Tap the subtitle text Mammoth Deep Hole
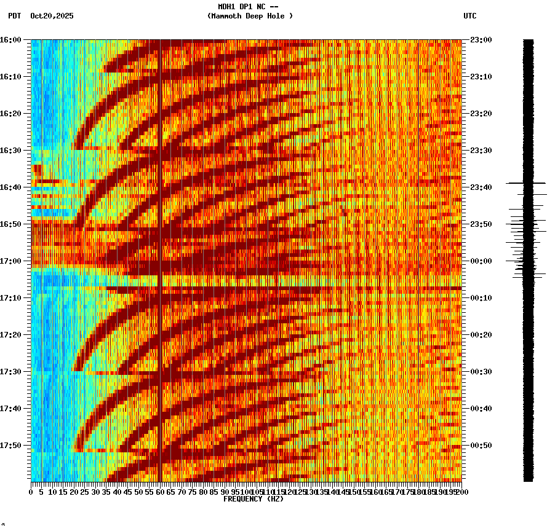pyautogui.click(x=250, y=16)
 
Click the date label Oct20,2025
pyautogui.click(x=52, y=16)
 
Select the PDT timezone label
pyautogui.click(x=14, y=16)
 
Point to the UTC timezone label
pyautogui.click(x=469, y=16)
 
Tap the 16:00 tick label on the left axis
pyautogui.click(x=10, y=40)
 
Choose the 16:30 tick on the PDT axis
pyautogui.click(x=10, y=151)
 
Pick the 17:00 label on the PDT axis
pyautogui.click(x=10, y=261)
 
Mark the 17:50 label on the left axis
pyautogui.click(x=10, y=446)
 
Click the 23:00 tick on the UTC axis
pyautogui.click(x=480, y=40)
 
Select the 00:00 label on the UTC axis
pyautogui.click(x=480, y=261)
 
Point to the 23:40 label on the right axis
pyautogui.click(x=480, y=187)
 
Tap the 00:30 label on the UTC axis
pyautogui.click(x=480, y=372)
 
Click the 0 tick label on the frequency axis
pyautogui.click(x=31, y=492)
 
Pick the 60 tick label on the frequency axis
pyautogui.click(x=160, y=492)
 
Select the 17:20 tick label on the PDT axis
pyautogui.click(x=10, y=335)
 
